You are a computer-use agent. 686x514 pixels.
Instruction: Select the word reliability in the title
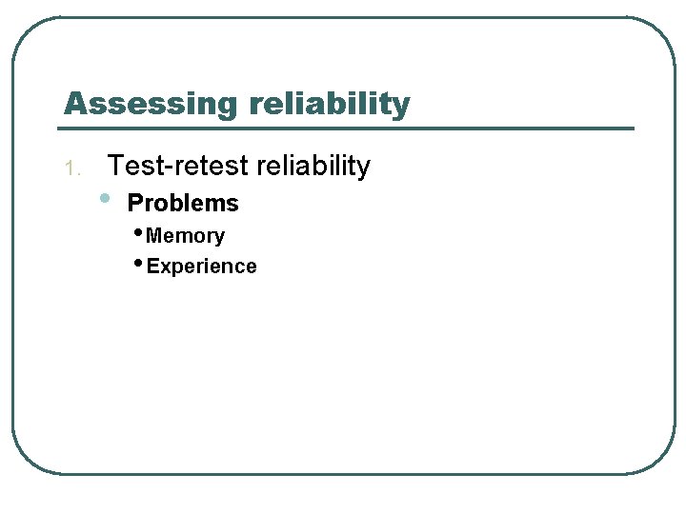click(x=331, y=103)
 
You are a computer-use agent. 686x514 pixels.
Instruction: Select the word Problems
click(x=183, y=203)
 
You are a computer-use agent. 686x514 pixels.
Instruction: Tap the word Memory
click(x=186, y=236)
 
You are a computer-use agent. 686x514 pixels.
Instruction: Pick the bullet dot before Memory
click(x=139, y=233)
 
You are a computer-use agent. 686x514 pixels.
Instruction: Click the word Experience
click(x=202, y=267)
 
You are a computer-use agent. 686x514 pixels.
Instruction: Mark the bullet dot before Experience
click(x=139, y=264)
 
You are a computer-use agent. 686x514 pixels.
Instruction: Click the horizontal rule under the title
click(x=348, y=128)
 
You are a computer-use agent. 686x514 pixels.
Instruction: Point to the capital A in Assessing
click(x=75, y=103)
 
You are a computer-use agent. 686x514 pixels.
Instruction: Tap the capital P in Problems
click(x=134, y=203)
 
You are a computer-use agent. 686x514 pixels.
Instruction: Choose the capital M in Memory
click(x=154, y=236)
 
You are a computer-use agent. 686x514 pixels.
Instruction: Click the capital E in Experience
click(x=152, y=267)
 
